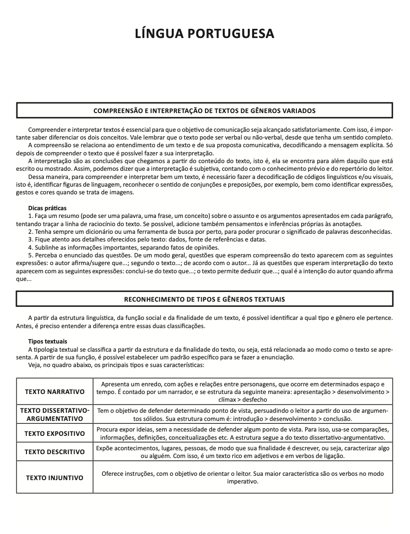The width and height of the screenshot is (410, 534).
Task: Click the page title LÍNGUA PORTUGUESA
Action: (x=205, y=33)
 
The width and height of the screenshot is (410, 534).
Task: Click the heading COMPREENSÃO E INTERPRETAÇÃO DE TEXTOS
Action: (x=205, y=111)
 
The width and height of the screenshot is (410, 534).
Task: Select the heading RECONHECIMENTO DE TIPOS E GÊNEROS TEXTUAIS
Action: (x=205, y=299)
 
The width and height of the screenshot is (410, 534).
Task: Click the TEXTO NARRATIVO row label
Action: (x=54, y=392)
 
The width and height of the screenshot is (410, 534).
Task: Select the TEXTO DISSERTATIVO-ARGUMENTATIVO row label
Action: (x=54, y=415)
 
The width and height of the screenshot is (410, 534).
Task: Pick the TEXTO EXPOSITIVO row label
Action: (x=54, y=433)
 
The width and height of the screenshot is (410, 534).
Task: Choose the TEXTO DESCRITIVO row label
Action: (x=54, y=452)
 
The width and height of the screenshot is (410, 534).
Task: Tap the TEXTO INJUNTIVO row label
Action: (x=54, y=478)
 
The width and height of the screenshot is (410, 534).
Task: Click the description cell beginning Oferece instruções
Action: (x=243, y=477)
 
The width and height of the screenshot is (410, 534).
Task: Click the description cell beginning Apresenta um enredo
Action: (x=243, y=392)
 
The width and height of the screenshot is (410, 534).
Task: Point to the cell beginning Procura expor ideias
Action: (x=243, y=433)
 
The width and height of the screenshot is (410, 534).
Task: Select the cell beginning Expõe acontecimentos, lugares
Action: (x=243, y=452)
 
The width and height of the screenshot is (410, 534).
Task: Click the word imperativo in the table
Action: (x=243, y=481)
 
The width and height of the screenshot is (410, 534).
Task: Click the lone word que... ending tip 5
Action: (x=24, y=279)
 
